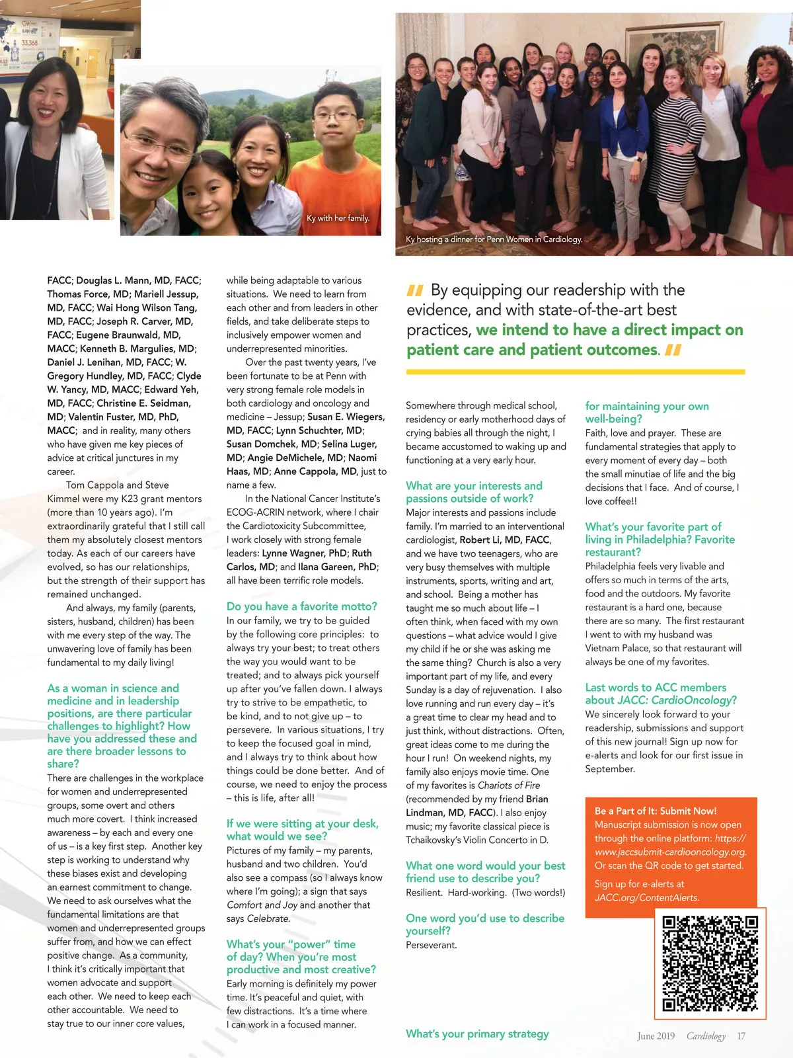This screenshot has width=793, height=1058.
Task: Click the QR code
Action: tap(710, 963)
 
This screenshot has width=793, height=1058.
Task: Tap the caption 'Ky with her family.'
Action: tap(338, 218)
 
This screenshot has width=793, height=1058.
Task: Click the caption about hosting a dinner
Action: tap(494, 239)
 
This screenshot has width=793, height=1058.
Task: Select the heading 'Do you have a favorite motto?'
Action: tap(301, 606)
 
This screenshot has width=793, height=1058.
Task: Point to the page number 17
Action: tap(741, 1036)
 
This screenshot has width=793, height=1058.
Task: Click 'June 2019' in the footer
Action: tap(656, 1036)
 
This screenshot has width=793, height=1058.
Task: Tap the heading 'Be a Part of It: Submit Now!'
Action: tap(655, 811)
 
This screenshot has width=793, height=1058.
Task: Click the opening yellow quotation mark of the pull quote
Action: tap(415, 290)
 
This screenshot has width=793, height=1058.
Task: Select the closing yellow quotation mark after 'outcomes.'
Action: tap(673, 350)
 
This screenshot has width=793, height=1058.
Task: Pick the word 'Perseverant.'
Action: tap(431, 945)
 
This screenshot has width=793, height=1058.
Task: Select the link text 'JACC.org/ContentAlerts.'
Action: tap(647, 897)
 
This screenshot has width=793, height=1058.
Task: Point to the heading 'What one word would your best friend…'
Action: tap(485, 872)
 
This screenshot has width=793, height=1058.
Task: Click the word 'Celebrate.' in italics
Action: tap(268, 918)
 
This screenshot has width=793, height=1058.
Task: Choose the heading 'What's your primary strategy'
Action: tap(477, 1034)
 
